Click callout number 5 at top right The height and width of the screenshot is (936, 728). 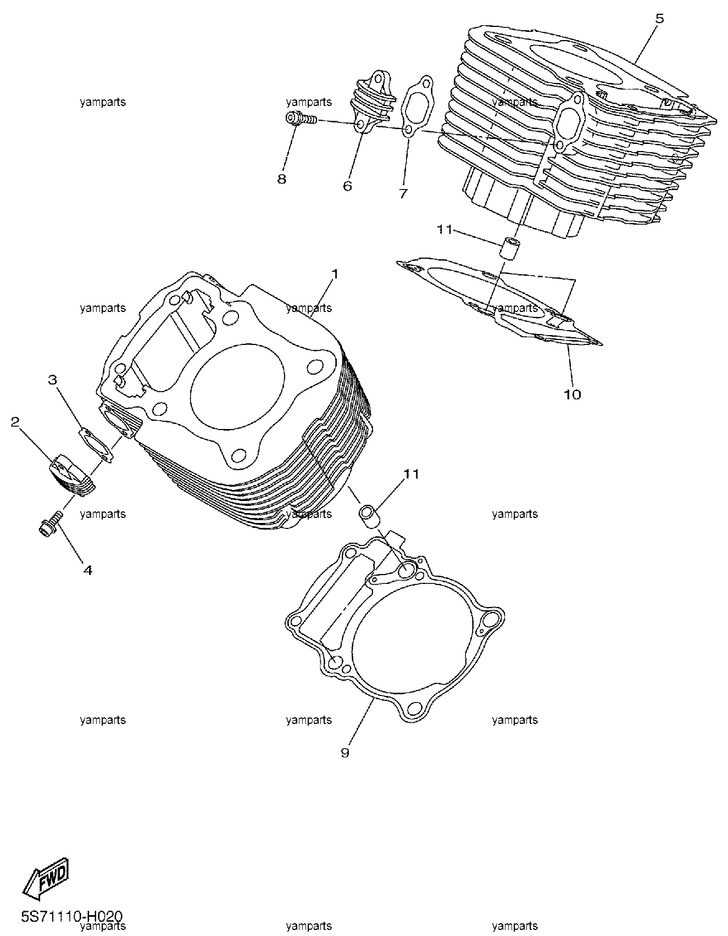click(x=659, y=19)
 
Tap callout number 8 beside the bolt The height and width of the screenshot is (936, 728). click(x=281, y=179)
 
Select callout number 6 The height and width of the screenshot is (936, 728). click(x=347, y=186)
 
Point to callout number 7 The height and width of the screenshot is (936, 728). click(x=403, y=193)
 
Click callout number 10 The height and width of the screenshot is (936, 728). click(x=573, y=394)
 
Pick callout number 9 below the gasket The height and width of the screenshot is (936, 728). click(x=344, y=753)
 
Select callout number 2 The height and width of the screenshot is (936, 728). click(x=15, y=421)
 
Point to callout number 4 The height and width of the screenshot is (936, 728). click(x=87, y=570)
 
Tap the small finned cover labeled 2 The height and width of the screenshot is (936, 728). click(x=74, y=470)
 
